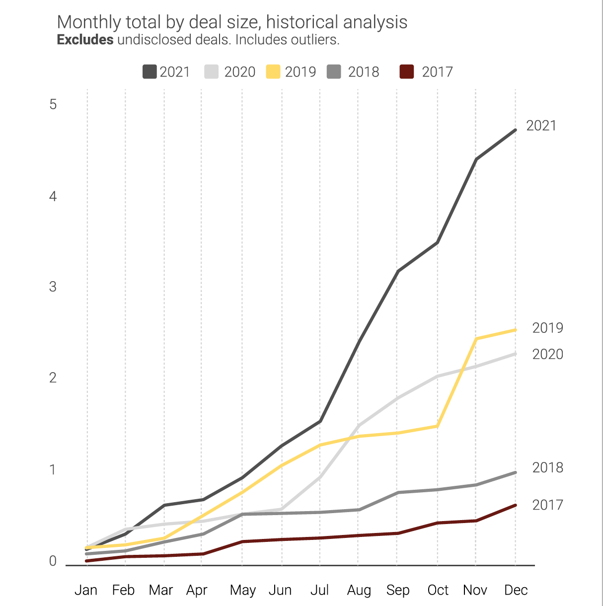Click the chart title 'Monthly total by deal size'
232,22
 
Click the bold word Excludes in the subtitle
85,40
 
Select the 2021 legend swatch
150,72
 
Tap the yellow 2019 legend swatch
273,72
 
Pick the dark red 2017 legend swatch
407,72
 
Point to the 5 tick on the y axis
53,104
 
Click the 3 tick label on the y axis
53,287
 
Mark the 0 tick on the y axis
53,561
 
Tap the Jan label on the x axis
86,590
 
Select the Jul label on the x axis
319,590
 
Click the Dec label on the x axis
516,590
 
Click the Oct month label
438,590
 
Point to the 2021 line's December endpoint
515,130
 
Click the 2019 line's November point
476,339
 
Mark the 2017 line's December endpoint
515,505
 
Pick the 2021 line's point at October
438,242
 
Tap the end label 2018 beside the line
547,468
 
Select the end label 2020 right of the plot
547,355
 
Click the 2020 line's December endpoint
515,354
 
